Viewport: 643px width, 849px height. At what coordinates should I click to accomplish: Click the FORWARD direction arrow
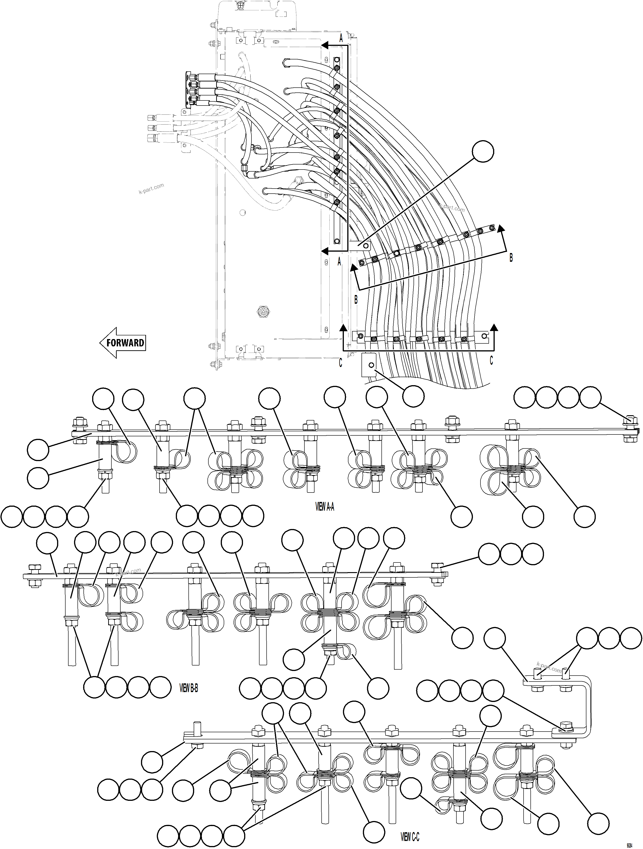[x=123, y=343]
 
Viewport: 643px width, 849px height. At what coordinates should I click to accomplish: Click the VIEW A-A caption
[x=325, y=507]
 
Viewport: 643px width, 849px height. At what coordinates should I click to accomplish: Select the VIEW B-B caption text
[x=189, y=688]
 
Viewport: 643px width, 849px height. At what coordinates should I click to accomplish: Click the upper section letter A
[x=341, y=38]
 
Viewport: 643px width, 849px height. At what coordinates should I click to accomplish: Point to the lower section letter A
[x=339, y=262]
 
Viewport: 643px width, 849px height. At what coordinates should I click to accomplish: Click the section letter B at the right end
[x=511, y=258]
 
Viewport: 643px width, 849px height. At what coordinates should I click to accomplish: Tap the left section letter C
[x=340, y=363]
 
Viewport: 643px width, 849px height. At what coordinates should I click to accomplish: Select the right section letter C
[x=491, y=360]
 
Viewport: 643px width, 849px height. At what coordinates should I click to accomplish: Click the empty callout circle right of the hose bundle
[x=483, y=152]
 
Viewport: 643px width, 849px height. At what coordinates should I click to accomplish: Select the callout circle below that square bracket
[x=413, y=396]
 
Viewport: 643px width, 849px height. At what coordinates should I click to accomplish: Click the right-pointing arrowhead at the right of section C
[x=494, y=327]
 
